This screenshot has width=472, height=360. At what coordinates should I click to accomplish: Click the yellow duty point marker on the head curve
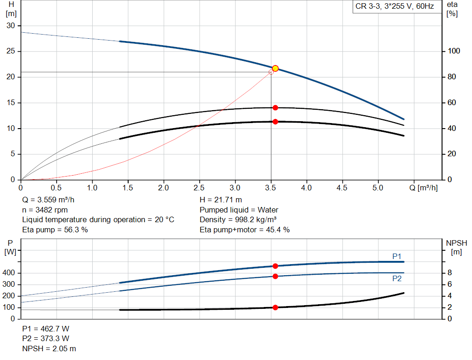[275, 68]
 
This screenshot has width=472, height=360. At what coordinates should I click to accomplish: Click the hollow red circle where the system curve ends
[271, 72]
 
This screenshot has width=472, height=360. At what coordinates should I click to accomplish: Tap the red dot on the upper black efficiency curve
[275, 107]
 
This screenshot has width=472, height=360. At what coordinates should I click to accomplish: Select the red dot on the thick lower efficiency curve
[275, 122]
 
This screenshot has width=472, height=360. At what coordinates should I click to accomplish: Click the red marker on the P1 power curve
[275, 266]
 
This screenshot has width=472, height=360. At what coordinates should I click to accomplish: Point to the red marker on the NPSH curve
[275, 307]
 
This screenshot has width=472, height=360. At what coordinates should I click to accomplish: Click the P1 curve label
[397, 256]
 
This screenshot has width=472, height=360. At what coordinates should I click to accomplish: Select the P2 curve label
[397, 278]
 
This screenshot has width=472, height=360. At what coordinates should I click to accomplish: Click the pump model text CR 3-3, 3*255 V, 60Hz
[395, 7]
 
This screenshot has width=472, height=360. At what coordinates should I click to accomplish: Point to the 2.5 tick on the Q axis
[199, 188]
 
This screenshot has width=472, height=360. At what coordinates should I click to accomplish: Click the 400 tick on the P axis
[11, 273]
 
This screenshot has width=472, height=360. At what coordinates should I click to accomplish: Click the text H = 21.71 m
[221, 200]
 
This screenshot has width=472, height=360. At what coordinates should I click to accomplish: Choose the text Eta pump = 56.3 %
[55, 230]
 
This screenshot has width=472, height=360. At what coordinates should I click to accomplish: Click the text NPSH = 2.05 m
[49, 348]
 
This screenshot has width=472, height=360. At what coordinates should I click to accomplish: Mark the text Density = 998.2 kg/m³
[238, 219]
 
